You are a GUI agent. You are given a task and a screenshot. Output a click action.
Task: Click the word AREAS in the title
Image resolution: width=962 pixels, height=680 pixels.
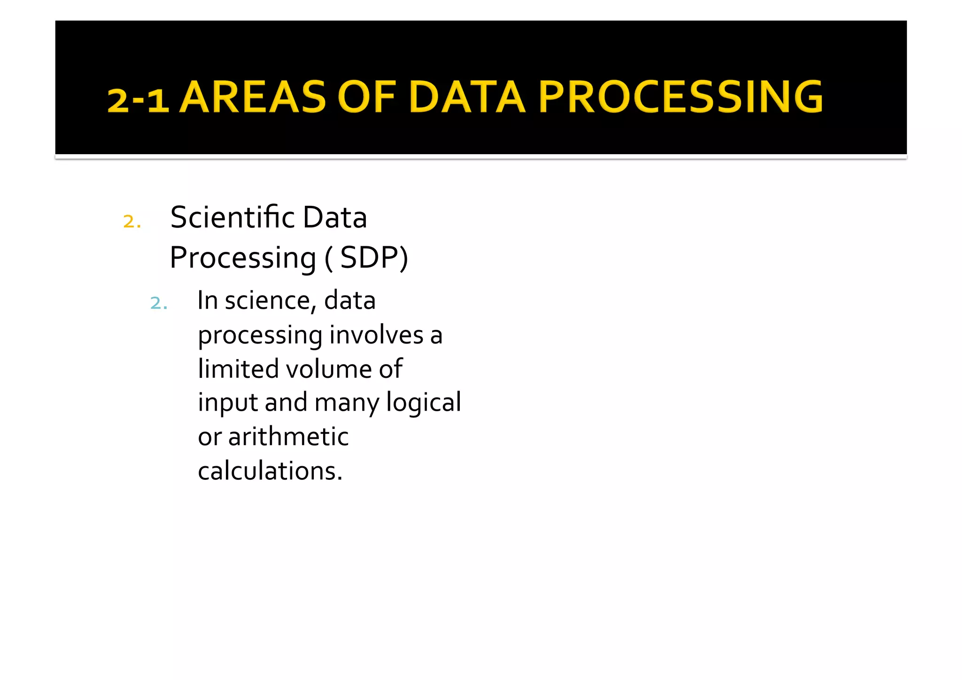coord(253,97)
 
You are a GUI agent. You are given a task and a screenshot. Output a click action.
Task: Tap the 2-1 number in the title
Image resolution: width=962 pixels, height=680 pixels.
coord(138,100)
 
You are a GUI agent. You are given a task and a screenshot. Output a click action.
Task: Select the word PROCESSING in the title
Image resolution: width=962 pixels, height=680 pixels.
coord(681,97)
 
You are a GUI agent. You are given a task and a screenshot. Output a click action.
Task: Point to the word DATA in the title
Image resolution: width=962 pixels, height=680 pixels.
coord(467,97)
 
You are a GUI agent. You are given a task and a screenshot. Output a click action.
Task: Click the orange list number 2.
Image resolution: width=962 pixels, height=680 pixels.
coord(132,221)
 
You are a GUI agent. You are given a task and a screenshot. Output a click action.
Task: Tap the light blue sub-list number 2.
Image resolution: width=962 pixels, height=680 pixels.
coord(159,303)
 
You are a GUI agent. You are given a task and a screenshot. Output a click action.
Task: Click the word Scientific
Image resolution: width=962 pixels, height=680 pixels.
coord(233,218)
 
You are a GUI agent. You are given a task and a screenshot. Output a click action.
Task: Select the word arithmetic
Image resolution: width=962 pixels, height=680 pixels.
coord(288,437)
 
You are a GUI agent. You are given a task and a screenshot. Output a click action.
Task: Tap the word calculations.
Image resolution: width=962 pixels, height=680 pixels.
coord(270,471)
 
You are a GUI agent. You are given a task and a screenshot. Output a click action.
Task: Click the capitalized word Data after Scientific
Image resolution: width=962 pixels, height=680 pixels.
coord(334,218)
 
